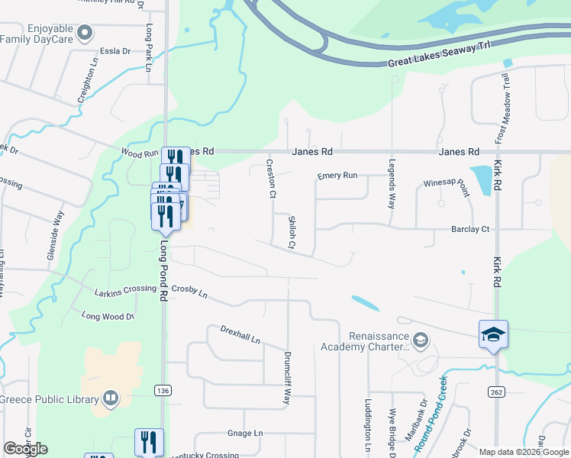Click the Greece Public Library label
click(50, 399)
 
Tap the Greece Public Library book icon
click(111, 398)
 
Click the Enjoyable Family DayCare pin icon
click(85, 33)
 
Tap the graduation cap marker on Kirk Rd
click(493, 334)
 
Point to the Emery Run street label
click(337, 176)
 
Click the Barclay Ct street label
click(469, 229)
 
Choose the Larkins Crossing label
click(125, 291)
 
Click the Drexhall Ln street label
click(240, 335)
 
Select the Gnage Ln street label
click(245, 433)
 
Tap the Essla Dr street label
click(115, 52)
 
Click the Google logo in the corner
click(25, 448)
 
